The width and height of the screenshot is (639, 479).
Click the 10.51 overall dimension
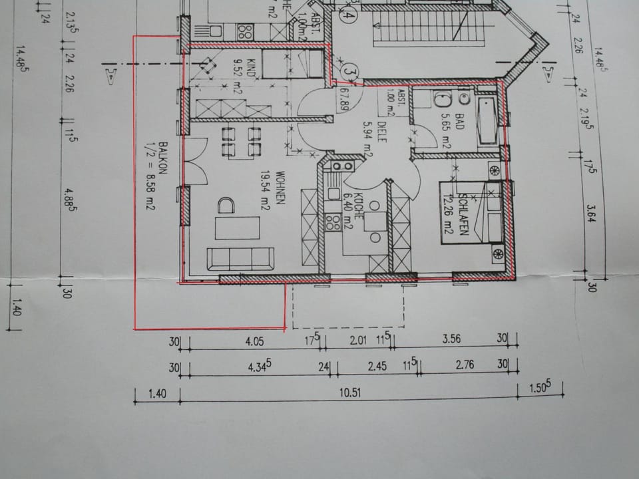pos(349,393)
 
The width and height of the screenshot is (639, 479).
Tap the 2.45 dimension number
pos(377,366)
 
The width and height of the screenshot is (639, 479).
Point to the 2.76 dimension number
pos(464,366)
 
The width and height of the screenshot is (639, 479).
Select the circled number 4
pos(347,13)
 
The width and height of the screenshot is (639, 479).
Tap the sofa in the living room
pos(240,257)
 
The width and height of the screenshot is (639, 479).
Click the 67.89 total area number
pos(344,98)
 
